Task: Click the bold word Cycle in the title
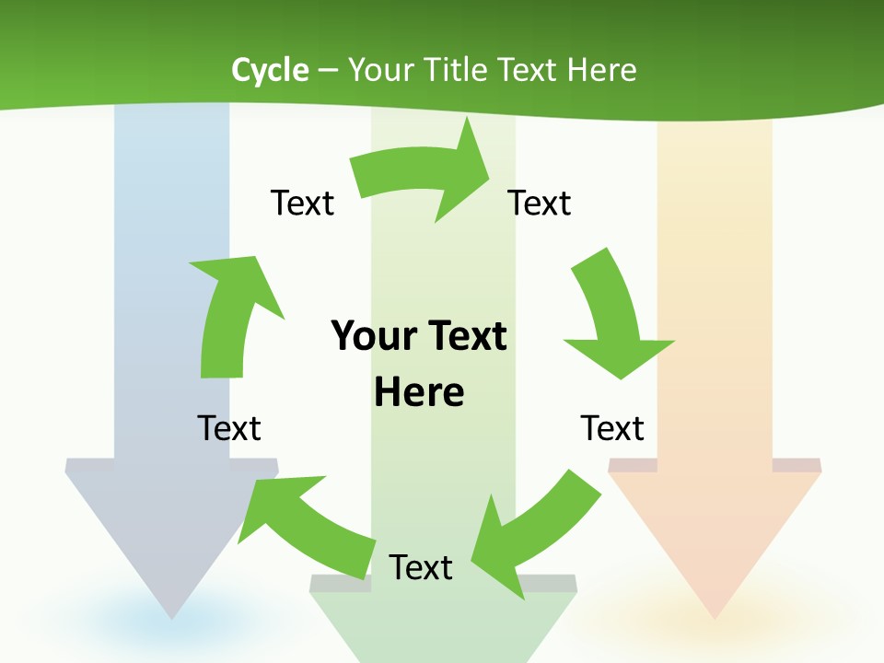[270, 70]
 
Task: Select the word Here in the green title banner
[602, 70]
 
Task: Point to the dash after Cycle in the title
[328, 71]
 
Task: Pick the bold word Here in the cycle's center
[419, 392]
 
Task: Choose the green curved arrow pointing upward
[230, 313]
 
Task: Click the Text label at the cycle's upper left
[302, 203]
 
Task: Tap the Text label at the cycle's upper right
[540, 203]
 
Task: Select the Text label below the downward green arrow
[612, 428]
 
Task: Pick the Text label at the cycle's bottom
[421, 567]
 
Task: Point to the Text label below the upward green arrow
[229, 428]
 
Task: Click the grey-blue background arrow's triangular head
[171, 543]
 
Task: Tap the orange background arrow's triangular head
[715, 543]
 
